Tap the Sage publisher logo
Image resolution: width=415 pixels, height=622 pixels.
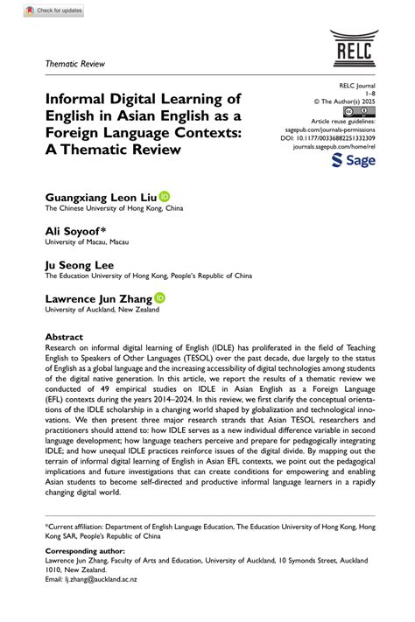click(355, 161)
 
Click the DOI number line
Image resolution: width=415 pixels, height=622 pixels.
click(327, 137)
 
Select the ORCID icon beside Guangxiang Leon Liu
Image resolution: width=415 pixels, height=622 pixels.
click(164, 198)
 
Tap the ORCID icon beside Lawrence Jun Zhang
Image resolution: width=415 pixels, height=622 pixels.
click(159, 297)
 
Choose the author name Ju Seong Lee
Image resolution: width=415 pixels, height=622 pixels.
click(80, 264)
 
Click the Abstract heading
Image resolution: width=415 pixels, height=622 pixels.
click(64, 337)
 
